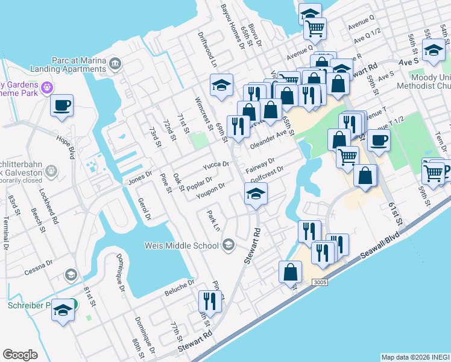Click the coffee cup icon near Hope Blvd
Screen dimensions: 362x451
(x=62, y=106)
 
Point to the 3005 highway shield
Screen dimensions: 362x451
(x=320, y=282)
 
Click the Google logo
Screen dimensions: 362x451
(x=20, y=354)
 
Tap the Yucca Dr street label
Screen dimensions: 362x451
(x=216, y=165)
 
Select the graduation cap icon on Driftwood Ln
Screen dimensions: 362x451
(x=222, y=86)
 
